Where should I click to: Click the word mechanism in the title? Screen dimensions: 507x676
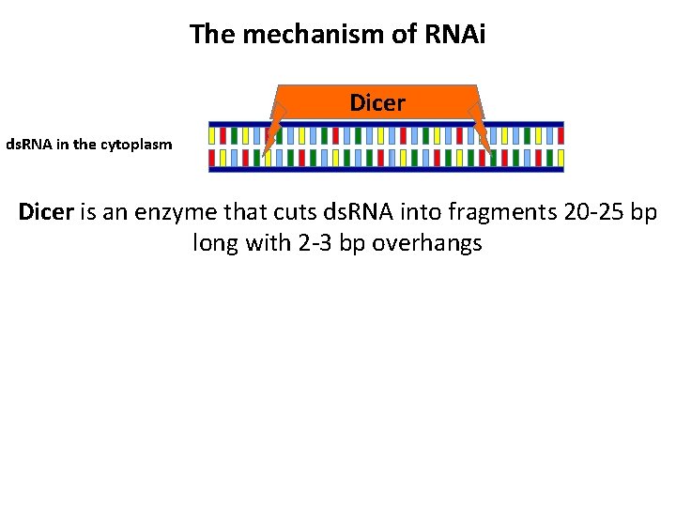[302, 34]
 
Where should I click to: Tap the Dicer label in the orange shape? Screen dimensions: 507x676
[377, 101]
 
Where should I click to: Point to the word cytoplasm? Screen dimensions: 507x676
[139, 146]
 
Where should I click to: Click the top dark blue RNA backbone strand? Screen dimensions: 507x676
[386, 123]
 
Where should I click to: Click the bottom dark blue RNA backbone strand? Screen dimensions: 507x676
[386, 170]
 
